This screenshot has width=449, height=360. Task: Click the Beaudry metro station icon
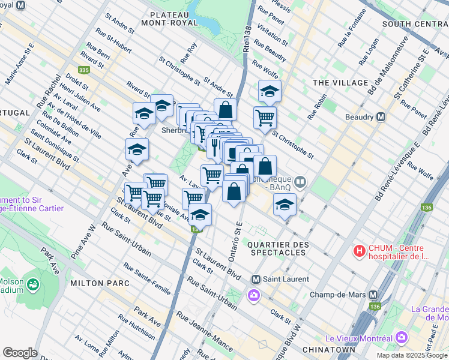pyautogui.click(x=380, y=117)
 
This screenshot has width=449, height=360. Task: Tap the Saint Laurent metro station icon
pyautogui.click(x=256, y=279)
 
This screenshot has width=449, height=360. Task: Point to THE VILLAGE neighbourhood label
pyautogui.click(x=340, y=83)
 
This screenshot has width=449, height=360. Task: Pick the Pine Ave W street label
pyautogui.click(x=83, y=242)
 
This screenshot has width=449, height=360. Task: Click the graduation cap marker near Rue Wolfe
pyautogui.click(x=270, y=91)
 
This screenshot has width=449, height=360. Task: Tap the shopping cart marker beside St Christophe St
pyautogui.click(x=264, y=117)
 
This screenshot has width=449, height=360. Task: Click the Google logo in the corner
pyautogui.click(x=20, y=353)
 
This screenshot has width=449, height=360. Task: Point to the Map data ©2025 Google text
pyautogui.click(x=412, y=355)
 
